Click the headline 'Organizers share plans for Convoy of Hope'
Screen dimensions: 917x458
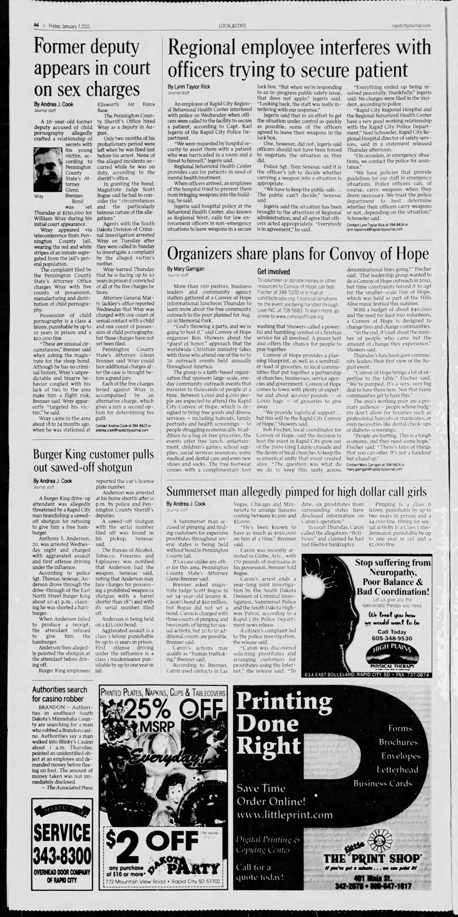tap(298, 254)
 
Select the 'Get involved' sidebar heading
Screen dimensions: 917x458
tap(273, 272)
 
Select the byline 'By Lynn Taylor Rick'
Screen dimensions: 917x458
tap(189, 87)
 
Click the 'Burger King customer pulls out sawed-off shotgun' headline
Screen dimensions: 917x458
tap(93, 461)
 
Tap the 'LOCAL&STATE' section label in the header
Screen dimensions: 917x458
tap(233, 26)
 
